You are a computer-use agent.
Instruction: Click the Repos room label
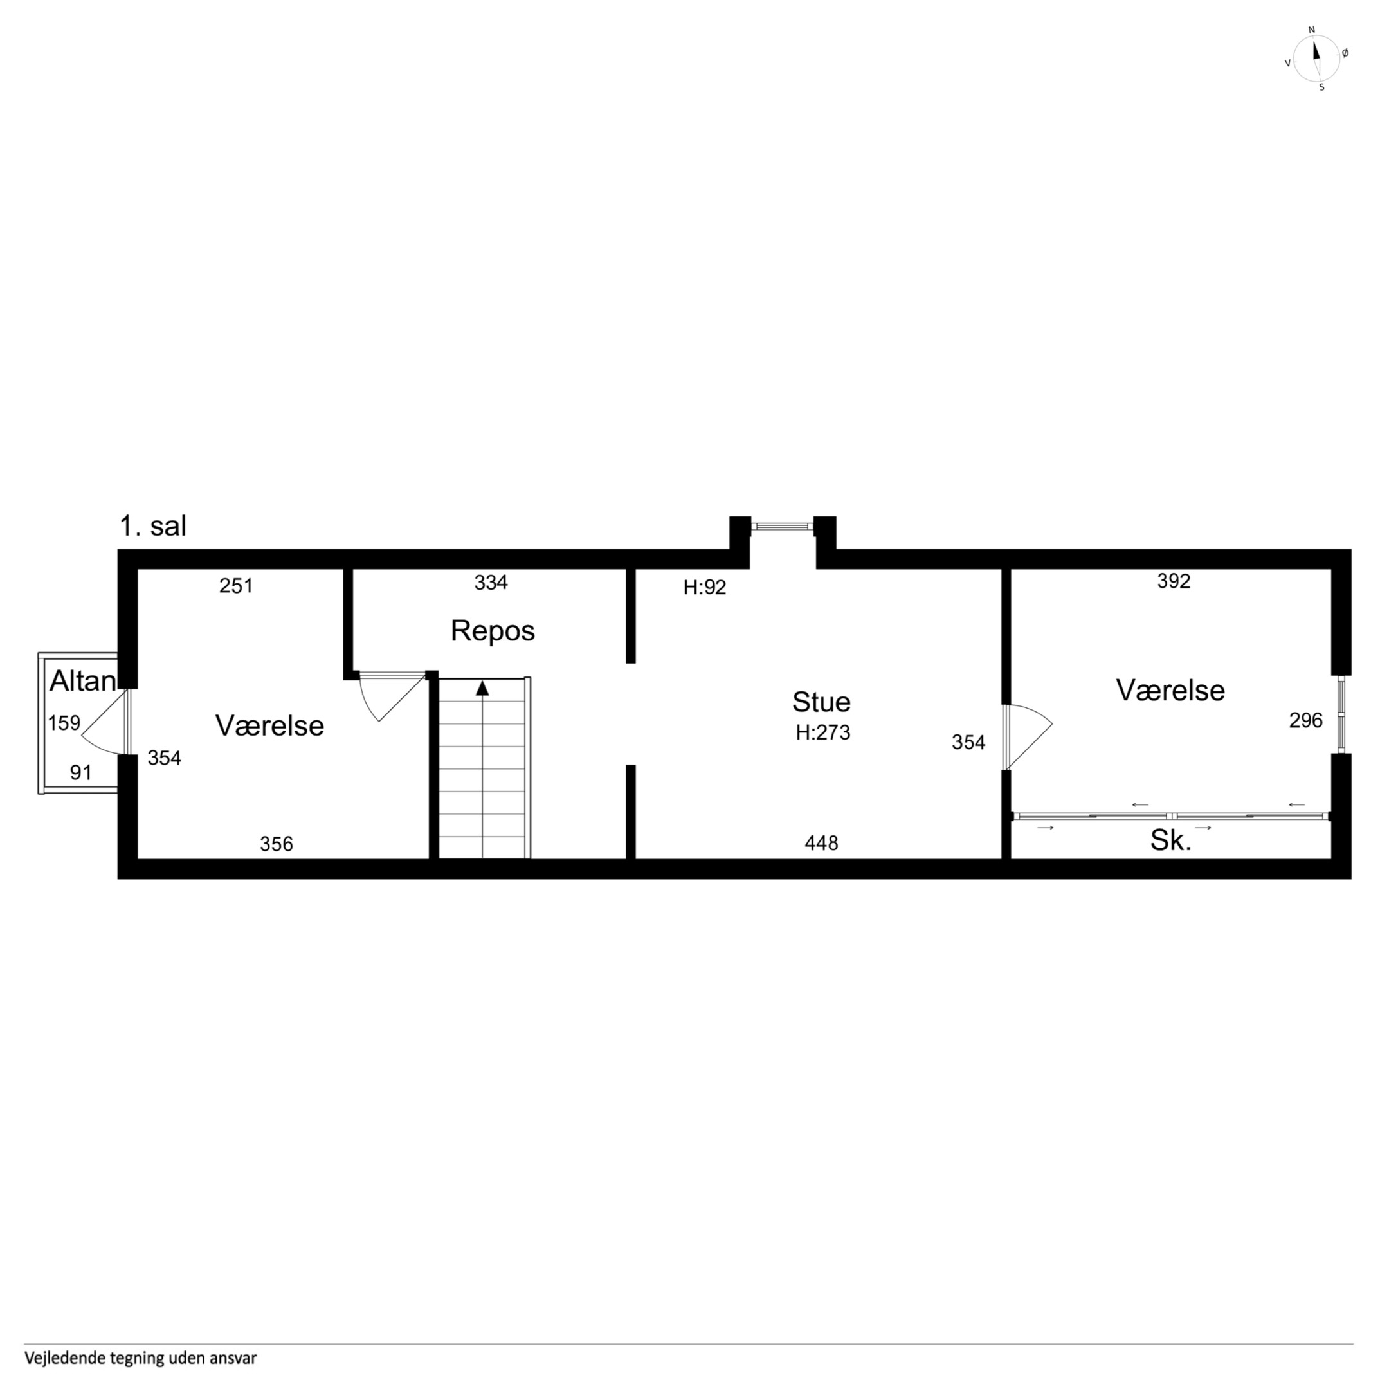(x=493, y=631)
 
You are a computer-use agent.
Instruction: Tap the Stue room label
(x=821, y=702)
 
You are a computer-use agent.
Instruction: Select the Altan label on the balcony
(x=83, y=682)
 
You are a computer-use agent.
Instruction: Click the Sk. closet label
(x=1171, y=840)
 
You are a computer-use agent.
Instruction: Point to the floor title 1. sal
(x=153, y=526)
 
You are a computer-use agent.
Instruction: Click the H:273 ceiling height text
(x=822, y=732)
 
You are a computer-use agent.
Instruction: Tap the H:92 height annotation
(x=705, y=588)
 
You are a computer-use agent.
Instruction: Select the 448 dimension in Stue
(x=821, y=842)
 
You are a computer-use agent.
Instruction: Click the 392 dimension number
(x=1174, y=581)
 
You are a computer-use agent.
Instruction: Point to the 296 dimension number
(x=1305, y=720)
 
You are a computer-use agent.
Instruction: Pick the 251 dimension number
(x=237, y=586)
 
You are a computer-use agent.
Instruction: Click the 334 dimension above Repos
(x=491, y=583)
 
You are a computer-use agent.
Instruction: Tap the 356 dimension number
(x=277, y=844)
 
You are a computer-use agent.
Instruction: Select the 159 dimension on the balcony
(x=64, y=723)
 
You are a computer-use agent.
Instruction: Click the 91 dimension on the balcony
(x=81, y=773)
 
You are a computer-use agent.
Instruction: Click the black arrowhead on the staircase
(x=482, y=688)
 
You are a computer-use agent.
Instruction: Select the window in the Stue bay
(x=783, y=526)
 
